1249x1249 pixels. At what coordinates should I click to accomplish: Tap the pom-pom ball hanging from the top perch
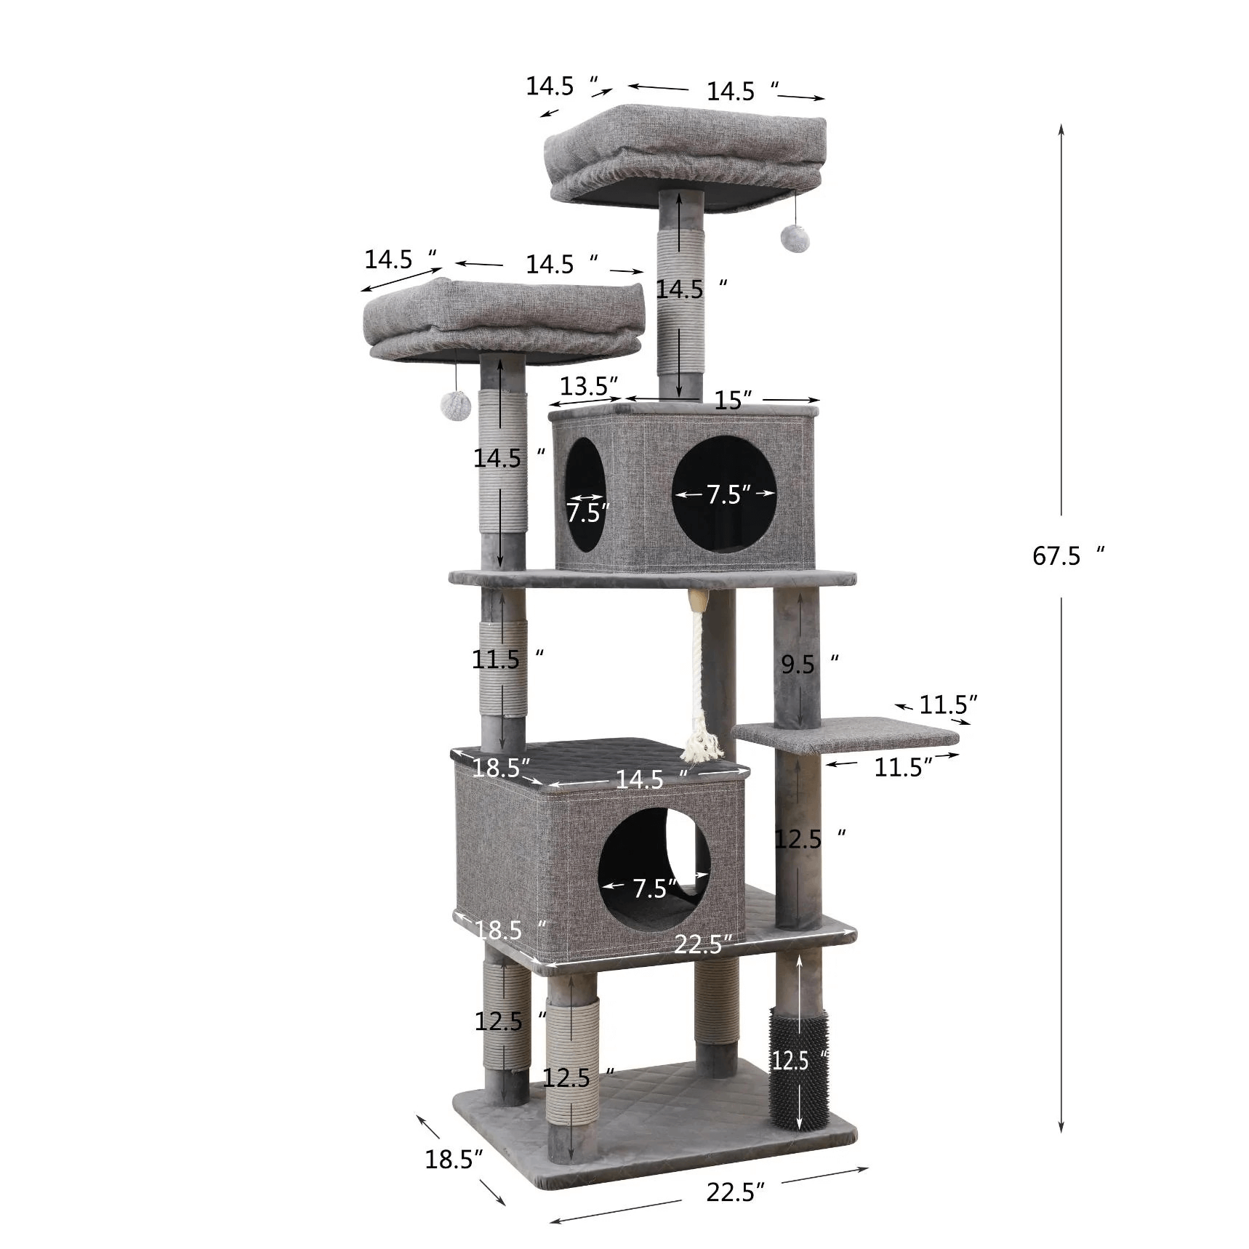(792, 235)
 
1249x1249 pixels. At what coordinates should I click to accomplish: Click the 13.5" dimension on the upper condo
(588, 386)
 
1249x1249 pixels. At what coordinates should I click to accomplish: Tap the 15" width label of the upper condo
(732, 401)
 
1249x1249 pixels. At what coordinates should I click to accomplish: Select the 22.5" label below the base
(734, 1212)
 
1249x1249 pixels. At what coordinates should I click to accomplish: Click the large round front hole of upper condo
(724, 495)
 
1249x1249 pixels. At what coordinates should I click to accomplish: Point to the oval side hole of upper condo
(585, 494)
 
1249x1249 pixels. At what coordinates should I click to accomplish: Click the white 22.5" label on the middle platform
(701, 944)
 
